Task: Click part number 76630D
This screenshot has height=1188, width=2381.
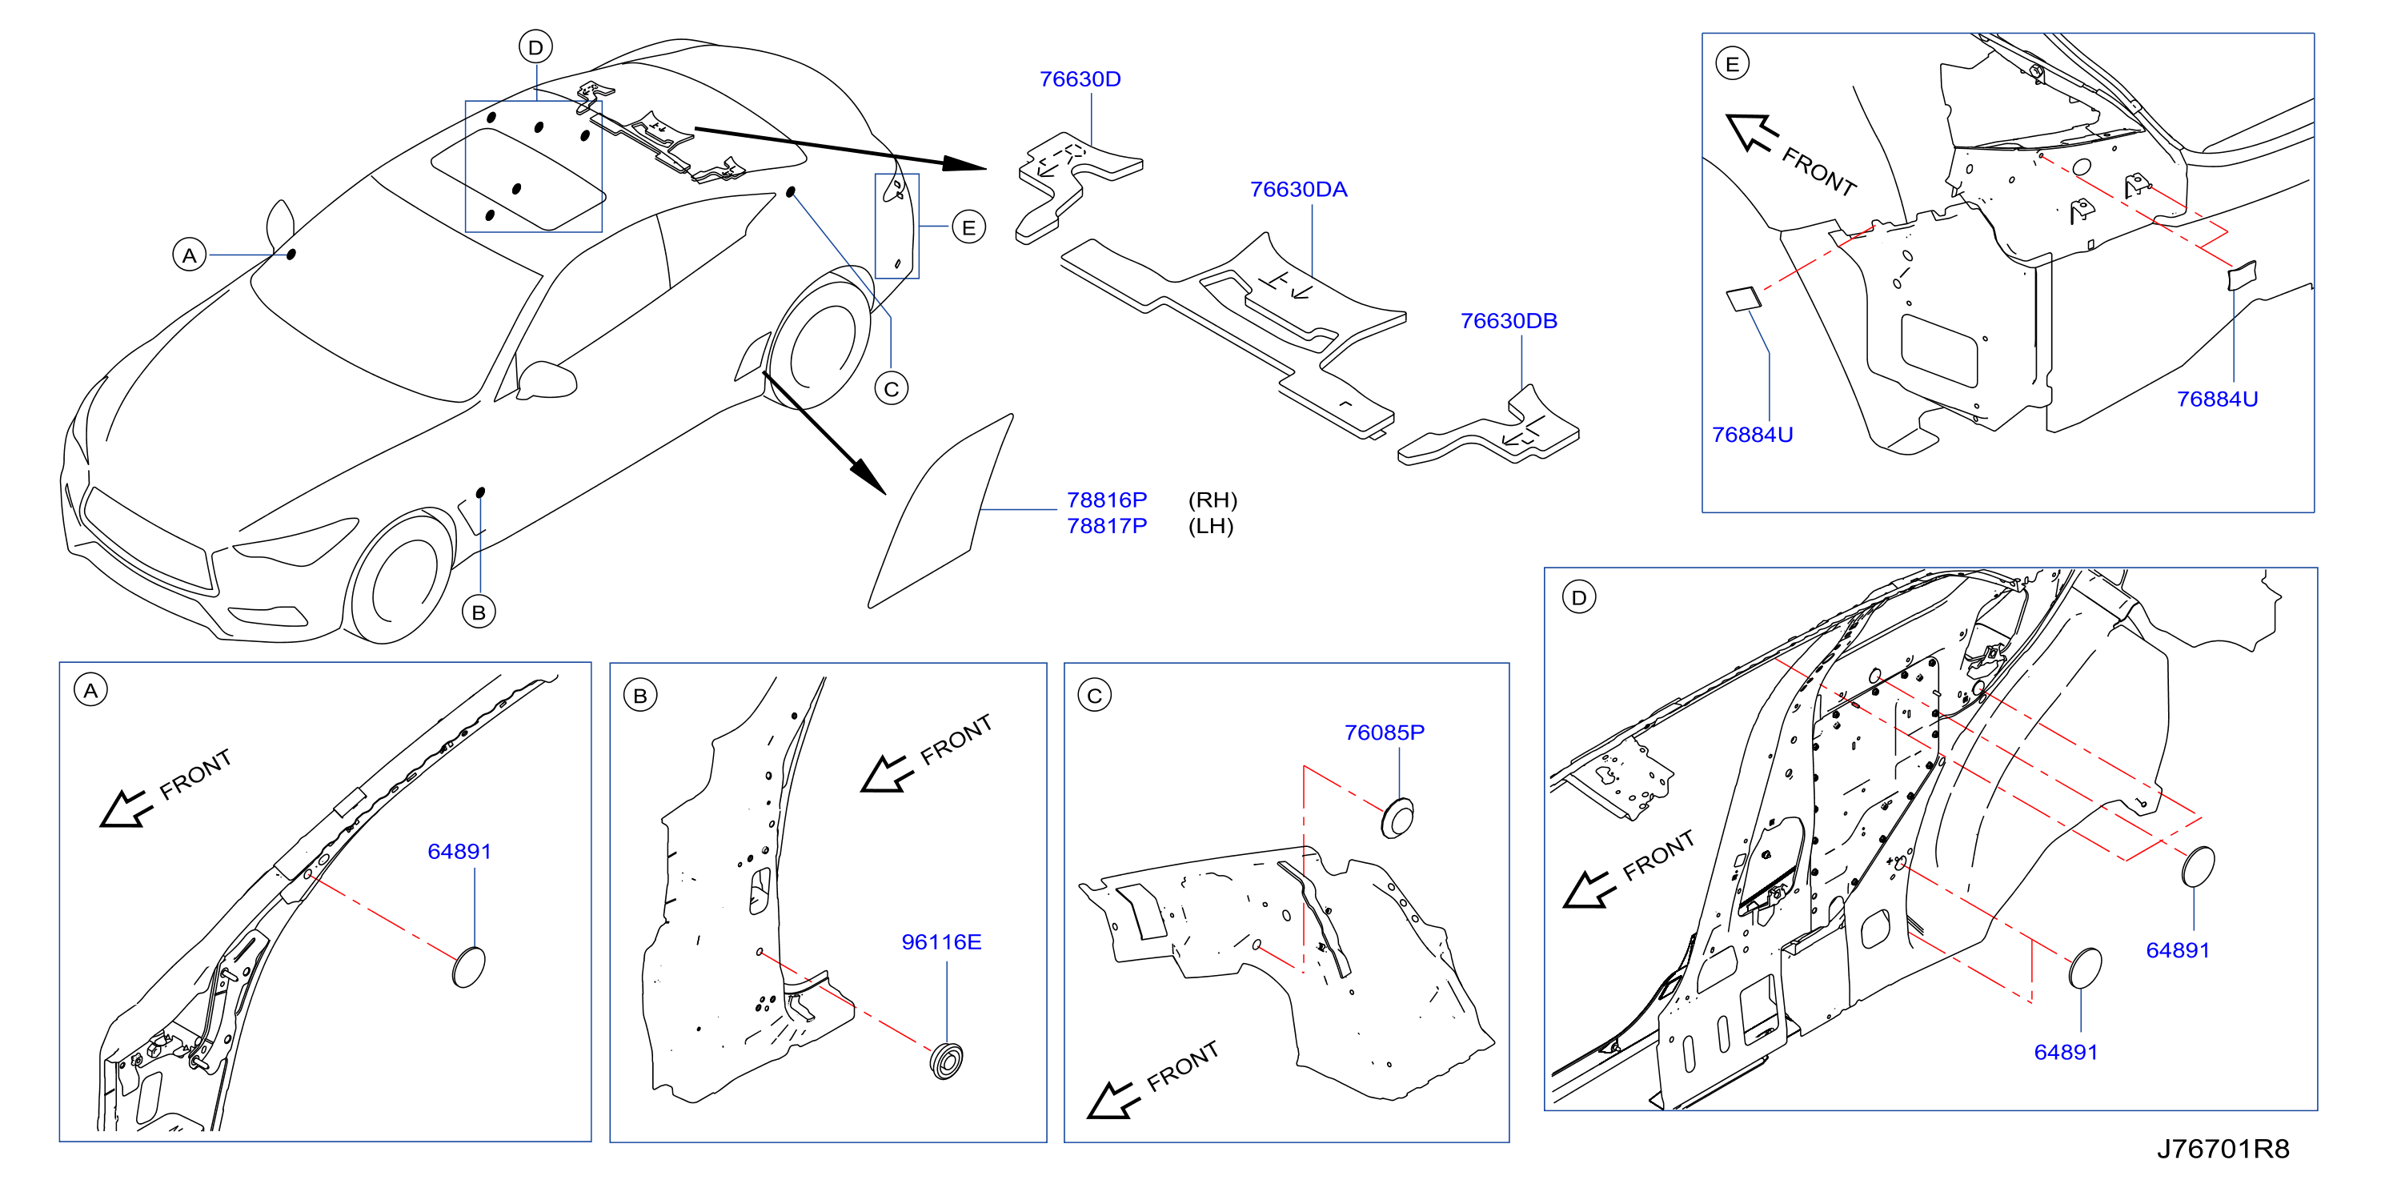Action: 1080,79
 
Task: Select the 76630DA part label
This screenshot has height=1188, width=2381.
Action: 1299,190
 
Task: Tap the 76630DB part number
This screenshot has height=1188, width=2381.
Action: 1509,321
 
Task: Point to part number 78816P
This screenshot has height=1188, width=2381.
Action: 1106,500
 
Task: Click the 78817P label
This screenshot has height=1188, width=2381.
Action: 1106,526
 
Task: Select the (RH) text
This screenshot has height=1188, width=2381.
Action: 1212,500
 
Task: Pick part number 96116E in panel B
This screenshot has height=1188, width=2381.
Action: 941,942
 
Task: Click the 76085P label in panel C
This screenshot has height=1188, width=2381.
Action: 1384,732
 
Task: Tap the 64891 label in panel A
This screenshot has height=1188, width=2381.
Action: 459,852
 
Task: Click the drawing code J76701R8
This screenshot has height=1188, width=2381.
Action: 2223,1148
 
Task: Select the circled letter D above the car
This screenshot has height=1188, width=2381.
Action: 535,47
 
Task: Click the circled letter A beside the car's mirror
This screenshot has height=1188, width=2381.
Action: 190,255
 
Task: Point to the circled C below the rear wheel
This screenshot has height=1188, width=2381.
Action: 891,389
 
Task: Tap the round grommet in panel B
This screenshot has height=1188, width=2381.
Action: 947,1061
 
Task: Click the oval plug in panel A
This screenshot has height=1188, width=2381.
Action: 469,967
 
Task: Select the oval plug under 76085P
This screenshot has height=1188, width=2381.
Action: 1397,818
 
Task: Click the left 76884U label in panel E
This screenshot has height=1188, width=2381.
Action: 1752,435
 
